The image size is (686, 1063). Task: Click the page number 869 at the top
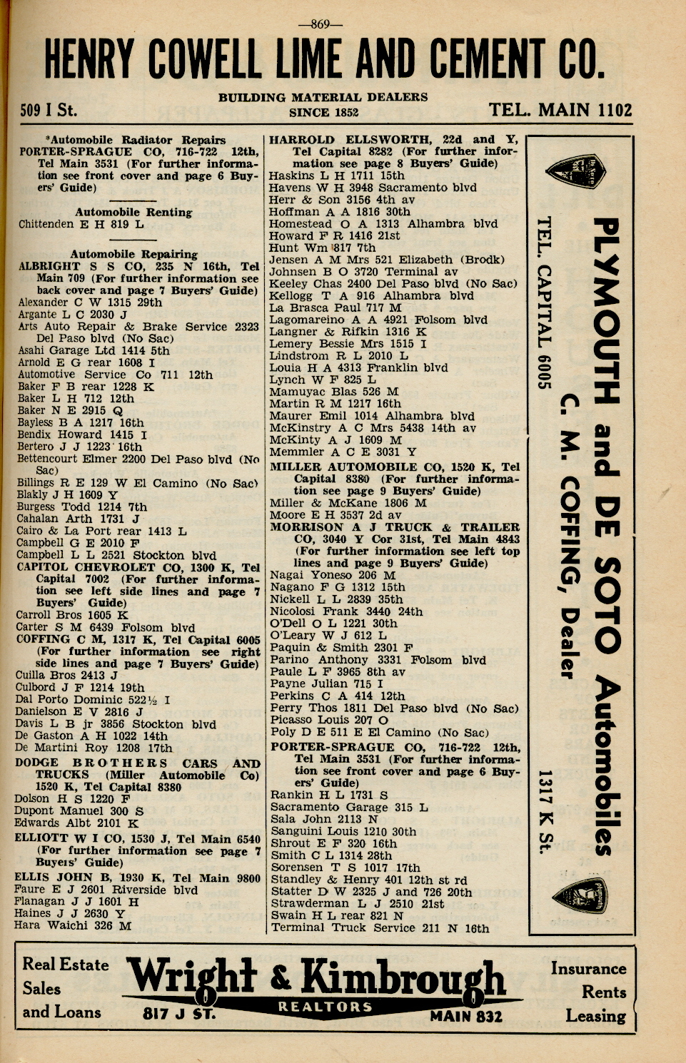321,25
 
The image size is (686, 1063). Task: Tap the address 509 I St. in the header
48,111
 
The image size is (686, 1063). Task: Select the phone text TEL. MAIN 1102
560,110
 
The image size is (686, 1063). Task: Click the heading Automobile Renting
133,212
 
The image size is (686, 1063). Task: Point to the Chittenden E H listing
81,224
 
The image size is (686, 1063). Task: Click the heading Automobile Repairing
133,254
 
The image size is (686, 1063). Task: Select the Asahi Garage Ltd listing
94,350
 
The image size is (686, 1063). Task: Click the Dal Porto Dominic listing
92,700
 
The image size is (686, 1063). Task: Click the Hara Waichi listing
72,925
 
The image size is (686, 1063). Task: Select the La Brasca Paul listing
336,307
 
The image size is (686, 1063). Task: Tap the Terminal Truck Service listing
379,928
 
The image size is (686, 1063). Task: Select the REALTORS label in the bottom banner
325,1007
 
